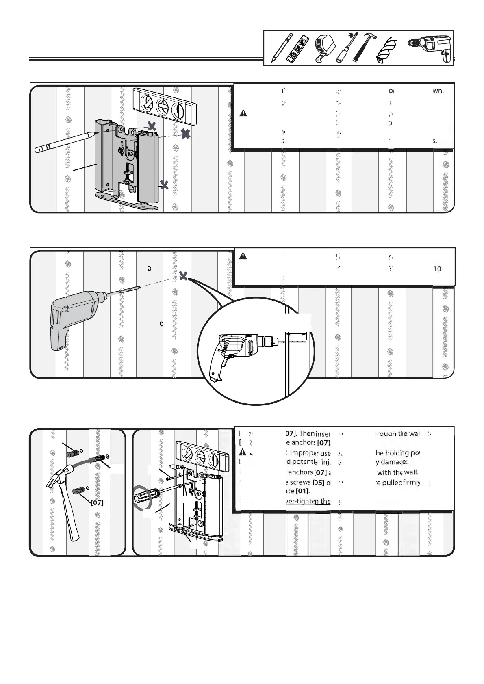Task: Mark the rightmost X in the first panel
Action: (x=186, y=134)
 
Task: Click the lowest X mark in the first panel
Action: (x=164, y=185)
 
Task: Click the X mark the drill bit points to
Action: (x=184, y=276)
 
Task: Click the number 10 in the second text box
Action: (x=437, y=269)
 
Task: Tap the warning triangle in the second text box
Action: (x=243, y=256)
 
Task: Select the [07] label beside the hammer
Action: (x=97, y=502)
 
